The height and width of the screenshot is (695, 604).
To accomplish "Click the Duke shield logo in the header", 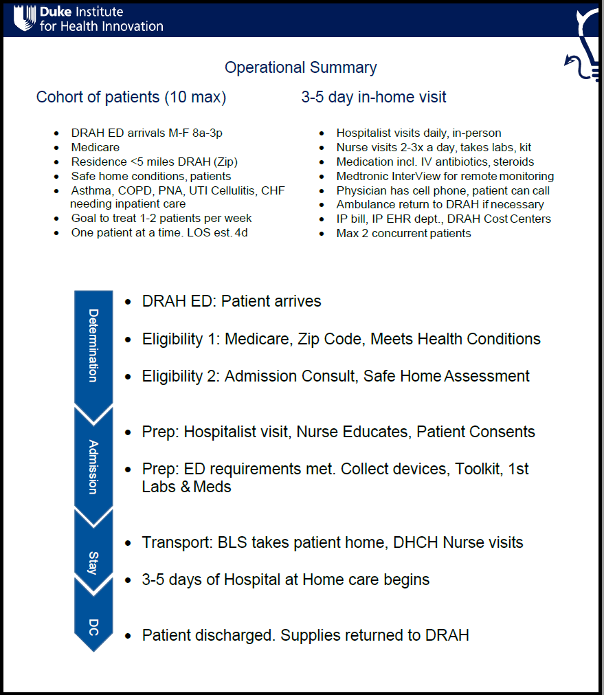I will coord(25,19).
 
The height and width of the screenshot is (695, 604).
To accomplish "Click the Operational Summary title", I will coord(301,67).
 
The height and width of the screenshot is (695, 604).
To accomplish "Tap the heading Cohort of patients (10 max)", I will coord(131,97).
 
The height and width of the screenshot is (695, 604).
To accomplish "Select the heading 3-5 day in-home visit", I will coord(373,97).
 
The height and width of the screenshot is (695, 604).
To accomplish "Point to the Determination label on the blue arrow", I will coord(93,345).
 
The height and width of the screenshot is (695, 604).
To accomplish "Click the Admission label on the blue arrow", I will coord(93,467).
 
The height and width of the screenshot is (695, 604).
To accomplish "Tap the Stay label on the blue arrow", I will coord(93,562).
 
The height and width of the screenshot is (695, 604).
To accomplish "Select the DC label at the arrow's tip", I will coord(93,627).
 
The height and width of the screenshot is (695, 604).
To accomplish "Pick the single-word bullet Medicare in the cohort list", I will coord(95,147).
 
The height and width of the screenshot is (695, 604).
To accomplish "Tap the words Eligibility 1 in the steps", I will coord(180,339).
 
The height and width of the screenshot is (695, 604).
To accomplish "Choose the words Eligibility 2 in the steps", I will coord(180,376).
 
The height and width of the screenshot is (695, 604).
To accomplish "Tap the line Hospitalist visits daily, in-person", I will coord(418,133).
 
